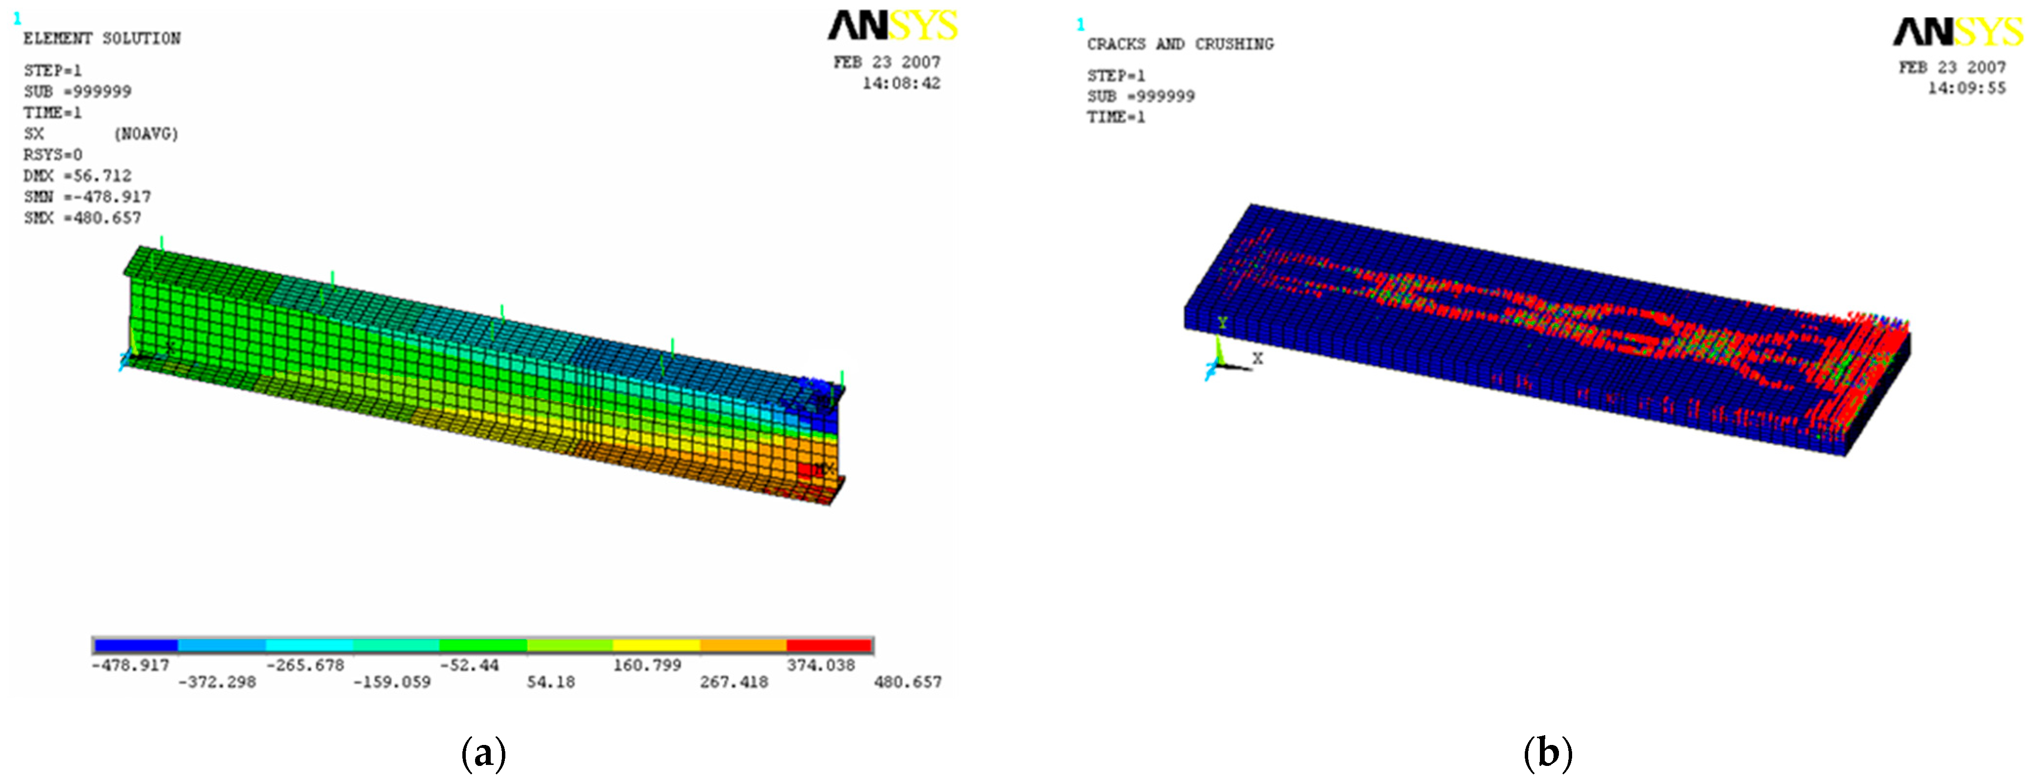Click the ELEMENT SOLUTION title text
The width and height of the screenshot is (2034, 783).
pyautogui.click(x=102, y=39)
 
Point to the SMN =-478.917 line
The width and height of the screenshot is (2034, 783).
pyautogui.click(x=87, y=197)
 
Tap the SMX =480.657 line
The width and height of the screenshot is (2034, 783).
pyautogui.click(x=82, y=219)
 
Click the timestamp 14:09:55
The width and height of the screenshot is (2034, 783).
pyautogui.click(x=1966, y=88)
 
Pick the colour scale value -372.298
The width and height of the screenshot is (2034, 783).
pyautogui.click(x=217, y=682)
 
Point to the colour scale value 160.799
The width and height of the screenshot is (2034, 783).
pyautogui.click(x=647, y=665)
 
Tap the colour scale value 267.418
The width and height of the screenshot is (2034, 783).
pyautogui.click(x=733, y=682)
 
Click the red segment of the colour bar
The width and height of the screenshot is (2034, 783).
pyautogui.click(x=829, y=645)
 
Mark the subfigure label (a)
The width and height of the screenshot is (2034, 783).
pyautogui.click(x=483, y=753)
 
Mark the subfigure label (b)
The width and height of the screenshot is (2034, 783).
pyautogui.click(x=1548, y=753)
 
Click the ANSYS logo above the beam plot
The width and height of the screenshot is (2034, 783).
pyautogui.click(x=892, y=25)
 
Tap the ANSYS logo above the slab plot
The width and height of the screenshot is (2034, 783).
pyautogui.click(x=1958, y=32)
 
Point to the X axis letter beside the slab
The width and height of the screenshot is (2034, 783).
pyautogui.click(x=1258, y=359)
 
